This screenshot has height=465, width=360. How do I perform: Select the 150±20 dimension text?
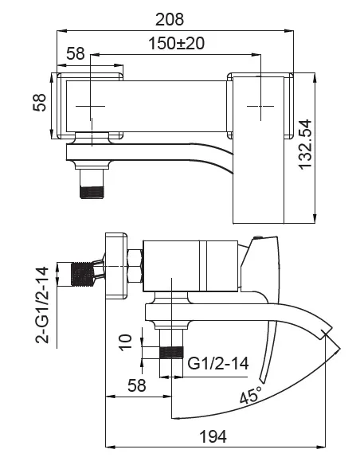(177, 44)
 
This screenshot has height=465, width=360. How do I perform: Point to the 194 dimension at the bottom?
(213, 436)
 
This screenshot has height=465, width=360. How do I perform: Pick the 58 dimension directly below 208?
(75, 53)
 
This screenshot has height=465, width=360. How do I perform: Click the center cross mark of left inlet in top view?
(93, 105)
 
